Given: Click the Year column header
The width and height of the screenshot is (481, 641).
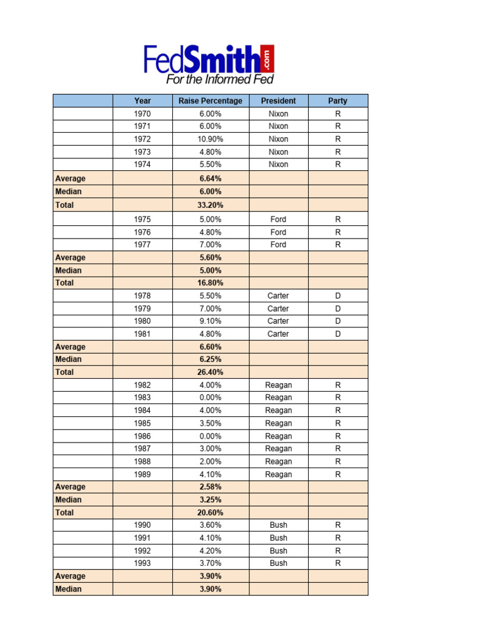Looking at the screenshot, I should (x=142, y=101).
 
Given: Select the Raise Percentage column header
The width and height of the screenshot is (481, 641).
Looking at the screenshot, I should (x=210, y=101).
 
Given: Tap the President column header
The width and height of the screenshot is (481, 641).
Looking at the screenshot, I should (x=278, y=101).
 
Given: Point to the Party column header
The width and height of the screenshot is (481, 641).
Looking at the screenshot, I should (x=338, y=101).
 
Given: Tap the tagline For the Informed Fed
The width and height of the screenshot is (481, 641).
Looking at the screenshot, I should (x=219, y=79).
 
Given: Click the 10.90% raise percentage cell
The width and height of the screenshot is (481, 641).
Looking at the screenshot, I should (x=210, y=139).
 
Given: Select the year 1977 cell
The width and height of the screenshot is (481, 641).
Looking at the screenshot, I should (x=142, y=245).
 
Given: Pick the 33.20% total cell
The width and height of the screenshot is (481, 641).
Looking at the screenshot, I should (x=210, y=205).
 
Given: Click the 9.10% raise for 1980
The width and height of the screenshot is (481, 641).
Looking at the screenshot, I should (x=210, y=321).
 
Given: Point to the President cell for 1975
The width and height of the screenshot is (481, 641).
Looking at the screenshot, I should (x=278, y=219).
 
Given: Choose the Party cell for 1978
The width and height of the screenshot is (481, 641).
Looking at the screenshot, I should (x=338, y=295).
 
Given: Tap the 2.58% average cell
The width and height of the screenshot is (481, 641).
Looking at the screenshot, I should (x=210, y=486).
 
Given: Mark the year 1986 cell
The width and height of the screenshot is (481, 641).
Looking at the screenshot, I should (x=142, y=436).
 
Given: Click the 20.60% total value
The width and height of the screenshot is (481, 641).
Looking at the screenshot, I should (x=210, y=512).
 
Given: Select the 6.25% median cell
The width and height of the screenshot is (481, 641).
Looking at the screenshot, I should (x=210, y=359).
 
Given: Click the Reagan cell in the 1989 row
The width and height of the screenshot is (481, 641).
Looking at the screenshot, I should (x=278, y=474).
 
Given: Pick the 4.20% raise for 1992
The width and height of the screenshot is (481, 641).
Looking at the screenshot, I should (x=210, y=550).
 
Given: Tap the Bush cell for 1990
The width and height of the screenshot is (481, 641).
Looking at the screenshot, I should (x=278, y=525).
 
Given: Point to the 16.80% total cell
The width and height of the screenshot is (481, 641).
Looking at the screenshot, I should (x=210, y=282).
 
